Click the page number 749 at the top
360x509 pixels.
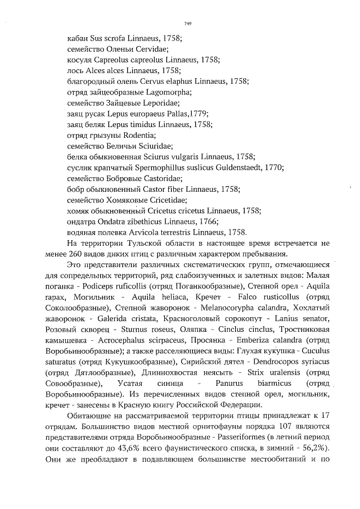click(x=188, y=23)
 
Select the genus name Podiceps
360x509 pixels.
click(x=107, y=286)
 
